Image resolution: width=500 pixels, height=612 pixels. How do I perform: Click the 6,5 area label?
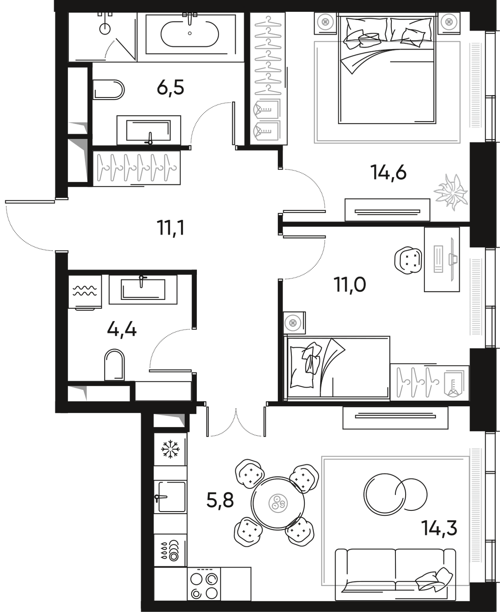click(171, 87)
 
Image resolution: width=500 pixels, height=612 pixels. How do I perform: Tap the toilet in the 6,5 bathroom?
click(109, 89)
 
